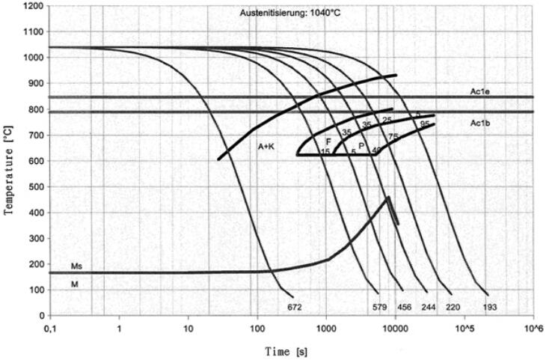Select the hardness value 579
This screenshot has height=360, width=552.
pyautogui.click(x=378, y=307)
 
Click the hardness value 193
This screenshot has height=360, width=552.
pyautogui.click(x=491, y=307)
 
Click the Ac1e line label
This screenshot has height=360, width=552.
pyautogui.click(x=480, y=92)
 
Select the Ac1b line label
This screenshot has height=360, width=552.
pyautogui.click(x=480, y=122)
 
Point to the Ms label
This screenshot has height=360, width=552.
pyautogui.click(x=76, y=266)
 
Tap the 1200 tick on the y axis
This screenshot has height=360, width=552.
pyautogui.click(x=31, y=6)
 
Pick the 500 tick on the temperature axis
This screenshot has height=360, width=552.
pyautogui.click(x=34, y=186)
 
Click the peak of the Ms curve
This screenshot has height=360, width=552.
pyautogui.click(x=389, y=198)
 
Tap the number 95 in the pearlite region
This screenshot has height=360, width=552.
pyautogui.click(x=424, y=123)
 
